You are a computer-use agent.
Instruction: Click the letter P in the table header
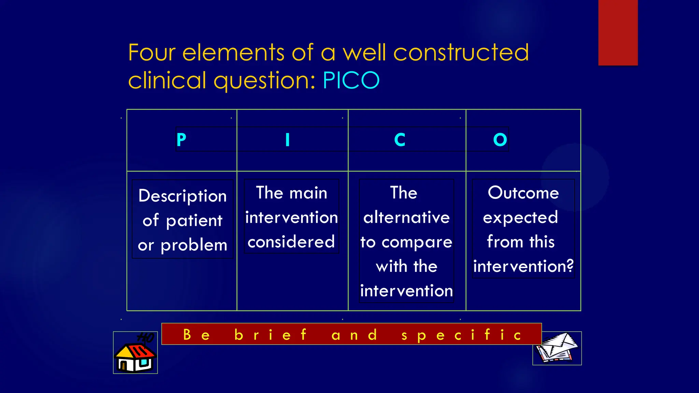pos(181,140)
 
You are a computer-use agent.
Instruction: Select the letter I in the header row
pos(287,140)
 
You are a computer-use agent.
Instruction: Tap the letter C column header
pos(400,140)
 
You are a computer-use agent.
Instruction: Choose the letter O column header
pos(500,140)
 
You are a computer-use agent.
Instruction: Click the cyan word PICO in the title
pos(351,81)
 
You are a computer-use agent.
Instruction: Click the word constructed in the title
pos(461,53)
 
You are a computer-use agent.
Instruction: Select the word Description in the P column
pos(183,196)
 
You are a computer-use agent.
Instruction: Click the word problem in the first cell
pos(194,245)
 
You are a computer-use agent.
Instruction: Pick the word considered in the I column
pos(291,242)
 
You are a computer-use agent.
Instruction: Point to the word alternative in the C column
pos(406,217)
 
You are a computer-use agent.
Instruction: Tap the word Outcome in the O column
pos(523,193)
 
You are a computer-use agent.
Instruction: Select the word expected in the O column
pos(520,218)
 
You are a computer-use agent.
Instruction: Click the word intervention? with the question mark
pos(523,266)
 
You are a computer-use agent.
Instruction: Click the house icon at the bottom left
pos(135,353)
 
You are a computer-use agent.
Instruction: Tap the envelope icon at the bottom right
pos(557,348)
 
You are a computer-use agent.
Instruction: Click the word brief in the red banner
pos(270,335)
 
